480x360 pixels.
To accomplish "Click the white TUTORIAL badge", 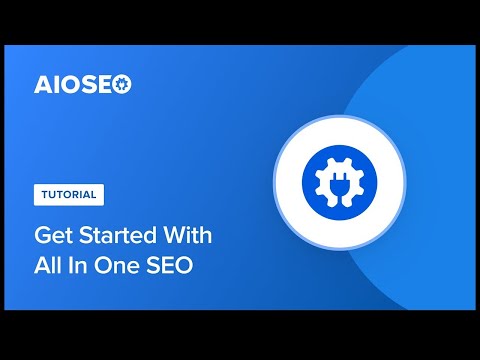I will [69, 194].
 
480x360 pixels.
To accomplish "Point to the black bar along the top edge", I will [240, 22].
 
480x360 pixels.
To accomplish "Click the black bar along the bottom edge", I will [240, 337].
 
